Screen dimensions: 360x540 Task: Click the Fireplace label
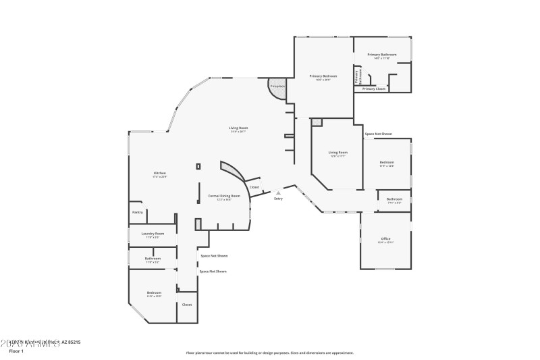coord(277,86)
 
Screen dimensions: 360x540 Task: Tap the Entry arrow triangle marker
coord(278,192)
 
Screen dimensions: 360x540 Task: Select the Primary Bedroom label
coord(323,76)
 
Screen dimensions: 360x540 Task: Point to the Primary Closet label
coord(374,88)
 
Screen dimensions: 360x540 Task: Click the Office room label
coord(386,238)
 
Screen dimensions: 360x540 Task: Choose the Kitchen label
coord(159,173)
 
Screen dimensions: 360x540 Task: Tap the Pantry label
coord(138,212)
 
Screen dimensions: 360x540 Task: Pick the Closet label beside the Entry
coord(254,187)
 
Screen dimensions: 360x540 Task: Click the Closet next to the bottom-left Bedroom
coord(187,305)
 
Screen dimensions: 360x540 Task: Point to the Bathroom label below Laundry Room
coord(153,258)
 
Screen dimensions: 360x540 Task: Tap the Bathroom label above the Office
coord(394,199)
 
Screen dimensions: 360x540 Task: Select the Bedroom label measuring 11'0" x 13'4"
coord(387,162)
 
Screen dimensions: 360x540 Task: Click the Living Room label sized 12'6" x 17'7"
coord(337,153)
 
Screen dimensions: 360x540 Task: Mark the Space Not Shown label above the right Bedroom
coord(378,134)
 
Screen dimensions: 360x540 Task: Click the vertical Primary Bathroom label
coord(356,76)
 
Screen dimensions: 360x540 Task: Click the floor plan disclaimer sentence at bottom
coord(269,353)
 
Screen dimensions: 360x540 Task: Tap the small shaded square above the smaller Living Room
coord(317,122)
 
